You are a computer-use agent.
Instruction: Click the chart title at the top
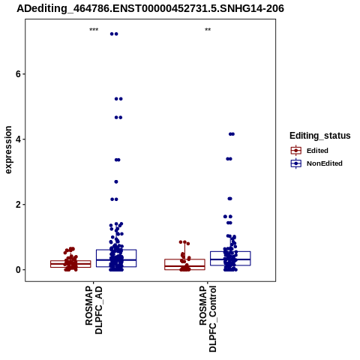click(150, 8)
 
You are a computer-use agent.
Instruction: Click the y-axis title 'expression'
click(8, 150)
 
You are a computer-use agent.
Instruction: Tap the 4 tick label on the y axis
click(18, 139)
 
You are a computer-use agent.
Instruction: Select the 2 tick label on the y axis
click(18, 205)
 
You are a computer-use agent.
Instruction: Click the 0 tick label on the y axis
click(18, 270)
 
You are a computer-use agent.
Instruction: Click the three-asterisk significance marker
click(94, 30)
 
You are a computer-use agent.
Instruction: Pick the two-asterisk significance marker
click(208, 30)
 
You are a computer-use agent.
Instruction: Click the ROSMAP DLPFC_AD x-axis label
click(94, 310)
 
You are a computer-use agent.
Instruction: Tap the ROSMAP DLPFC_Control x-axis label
click(208, 319)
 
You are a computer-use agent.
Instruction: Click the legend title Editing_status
click(320, 136)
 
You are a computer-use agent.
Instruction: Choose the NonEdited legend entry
click(316, 163)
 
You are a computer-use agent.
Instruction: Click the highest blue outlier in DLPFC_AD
click(114, 34)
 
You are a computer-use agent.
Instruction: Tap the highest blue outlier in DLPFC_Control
click(232, 134)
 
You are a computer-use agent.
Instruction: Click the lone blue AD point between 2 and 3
click(116, 181)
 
